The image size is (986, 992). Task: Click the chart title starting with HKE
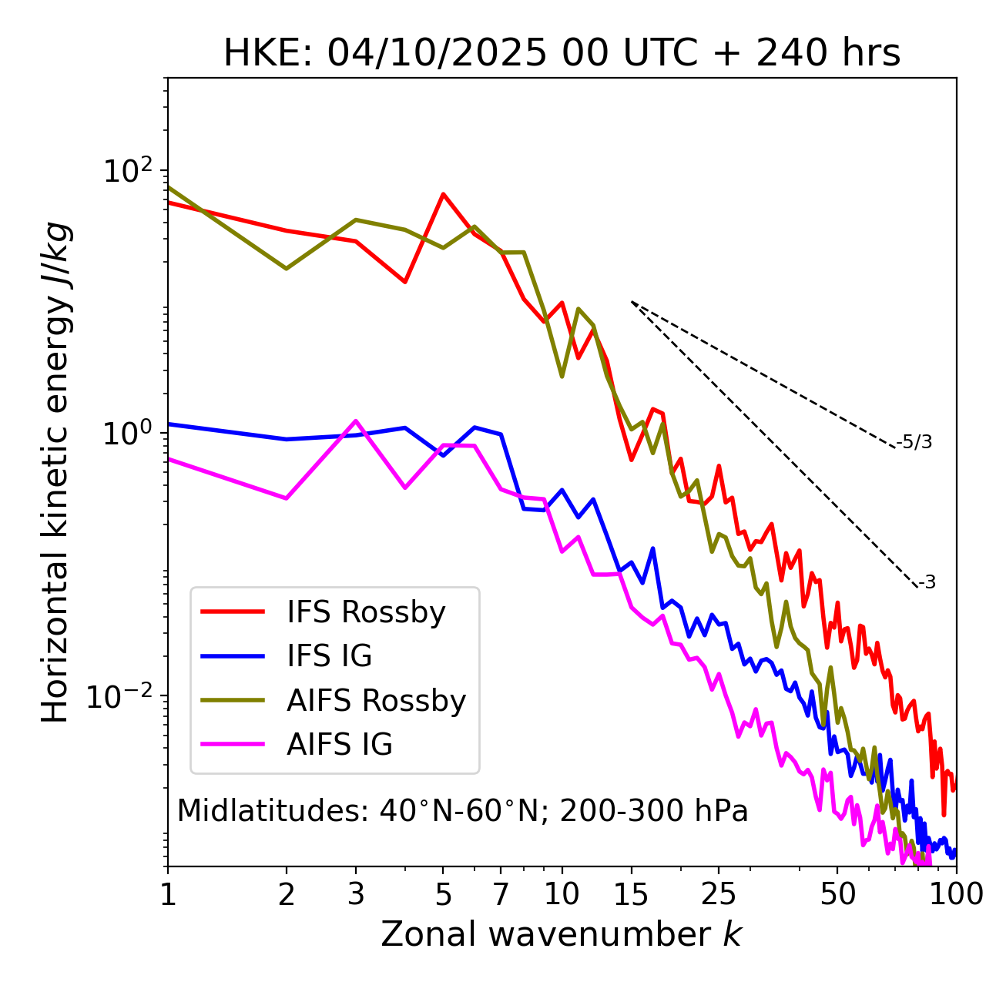click(x=562, y=54)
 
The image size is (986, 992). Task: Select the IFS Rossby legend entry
click(x=366, y=612)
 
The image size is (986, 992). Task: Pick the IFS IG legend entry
click(x=329, y=656)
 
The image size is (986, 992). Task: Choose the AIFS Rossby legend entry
click(x=376, y=701)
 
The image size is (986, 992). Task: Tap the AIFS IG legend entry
click(x=340, y=745)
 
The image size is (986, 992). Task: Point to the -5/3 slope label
click(x=914, y=443)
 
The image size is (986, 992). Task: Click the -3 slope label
click(x=927, y=583)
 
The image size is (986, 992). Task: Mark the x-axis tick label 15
click(x=632, y=894)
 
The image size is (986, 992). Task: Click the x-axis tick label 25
click(x=719, y=894)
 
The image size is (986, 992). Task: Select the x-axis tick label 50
click(x=837, y=894)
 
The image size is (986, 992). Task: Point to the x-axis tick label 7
click(x=501, y=894)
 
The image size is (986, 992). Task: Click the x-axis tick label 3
click(x=356, y=894)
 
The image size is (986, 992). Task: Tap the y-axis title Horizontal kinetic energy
click(x=56, y=472)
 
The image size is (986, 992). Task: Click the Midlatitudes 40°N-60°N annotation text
click(x=462, y=811)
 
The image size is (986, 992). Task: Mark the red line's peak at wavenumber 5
click(x=443, y=194)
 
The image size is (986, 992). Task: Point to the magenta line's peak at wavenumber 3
click(x=356, y=421)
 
